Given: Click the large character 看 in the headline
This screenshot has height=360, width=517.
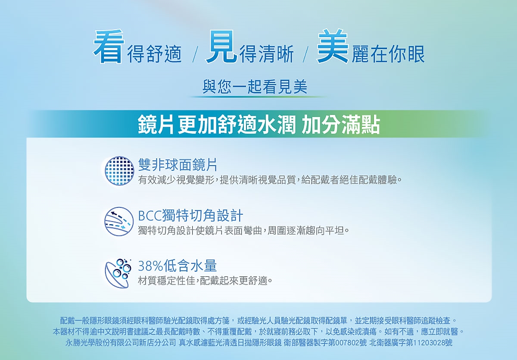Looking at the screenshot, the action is point(109,46).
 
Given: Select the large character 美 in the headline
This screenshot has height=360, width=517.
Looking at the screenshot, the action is point(332,46).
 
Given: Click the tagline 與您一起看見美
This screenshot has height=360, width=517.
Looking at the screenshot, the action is point(255,87).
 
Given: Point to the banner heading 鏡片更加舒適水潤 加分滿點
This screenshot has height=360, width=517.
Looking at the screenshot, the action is point(259,125).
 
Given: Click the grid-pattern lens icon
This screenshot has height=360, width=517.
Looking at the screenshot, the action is point(119,171).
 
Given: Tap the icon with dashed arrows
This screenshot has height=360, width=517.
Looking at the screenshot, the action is point(119,222).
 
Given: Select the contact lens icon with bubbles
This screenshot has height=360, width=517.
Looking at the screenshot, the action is point(118,273).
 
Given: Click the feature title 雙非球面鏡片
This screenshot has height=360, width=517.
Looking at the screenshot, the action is point(178,165).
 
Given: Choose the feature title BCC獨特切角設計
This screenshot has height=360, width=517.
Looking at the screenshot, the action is point(190,215).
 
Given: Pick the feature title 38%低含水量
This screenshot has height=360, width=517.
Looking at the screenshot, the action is point(177,266).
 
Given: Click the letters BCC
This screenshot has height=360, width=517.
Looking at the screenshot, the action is point(150,216).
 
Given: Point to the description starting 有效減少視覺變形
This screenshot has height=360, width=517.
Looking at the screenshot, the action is point(270,180).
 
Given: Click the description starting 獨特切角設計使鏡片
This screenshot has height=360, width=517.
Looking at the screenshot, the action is point(243,230).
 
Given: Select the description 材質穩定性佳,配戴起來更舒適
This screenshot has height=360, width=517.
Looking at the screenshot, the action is point(205,281).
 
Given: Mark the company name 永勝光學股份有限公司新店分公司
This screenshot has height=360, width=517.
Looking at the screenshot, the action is point(121,343).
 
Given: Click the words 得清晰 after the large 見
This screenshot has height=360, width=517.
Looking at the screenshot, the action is point(267,54).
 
